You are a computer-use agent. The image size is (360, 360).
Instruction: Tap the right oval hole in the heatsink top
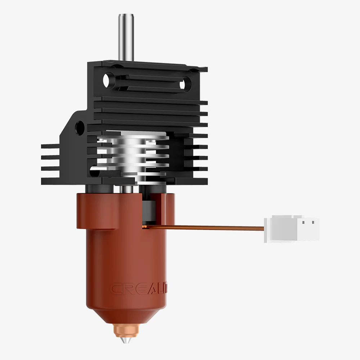point(183,84)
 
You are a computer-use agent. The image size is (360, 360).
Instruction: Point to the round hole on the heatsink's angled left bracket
point(79,126)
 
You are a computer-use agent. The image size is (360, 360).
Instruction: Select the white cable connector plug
point(292,229)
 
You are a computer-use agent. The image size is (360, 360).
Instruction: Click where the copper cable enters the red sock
point(144,226)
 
